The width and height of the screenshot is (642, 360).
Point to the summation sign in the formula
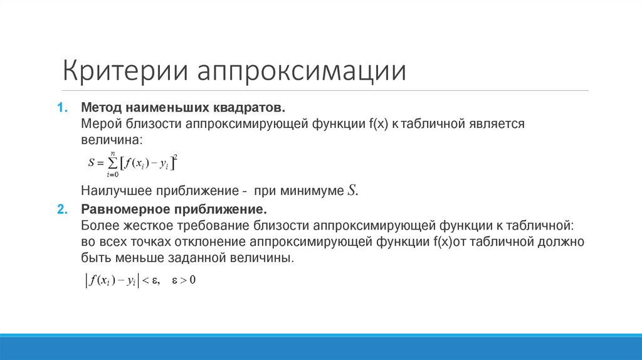click(x=113, y=162)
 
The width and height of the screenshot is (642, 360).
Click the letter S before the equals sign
click(x=92, y=163)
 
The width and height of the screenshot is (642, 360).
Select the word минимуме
click(x=313, y=191)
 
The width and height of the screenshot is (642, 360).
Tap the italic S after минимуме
click(x=351, y=191)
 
